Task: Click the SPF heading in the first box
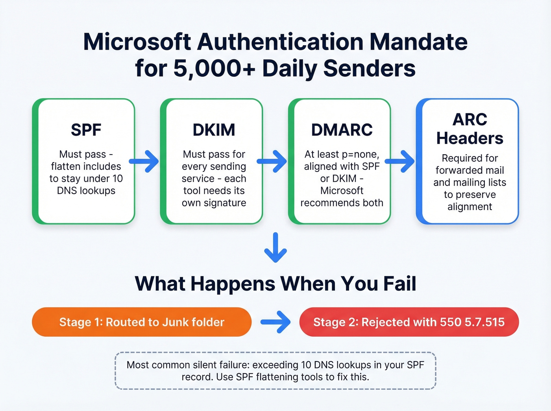pyautogui.click(x=86, y=130)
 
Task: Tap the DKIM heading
pyautogui.click(x=214, y=130)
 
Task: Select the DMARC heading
pyautogui.click(x=342, y=130)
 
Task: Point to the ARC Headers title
pyautogui.click(x=470, y=129)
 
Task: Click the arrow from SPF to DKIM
pyautogui.click(x=144, y=161)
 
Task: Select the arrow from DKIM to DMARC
pyautogui.click(x=272, y=161)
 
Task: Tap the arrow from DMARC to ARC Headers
pyautogui.click(x=400, y=161)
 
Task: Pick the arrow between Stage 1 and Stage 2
pyautogui.click(x=276, y=322)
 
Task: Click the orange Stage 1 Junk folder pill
pyautogui.click(x=142, y=322)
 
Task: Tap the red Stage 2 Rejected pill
pyautogui.click(x=409, y=322)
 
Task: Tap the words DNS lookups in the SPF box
pyautogui.click(x=86, y=191)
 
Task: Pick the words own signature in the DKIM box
pyautogui.click(x=214, y=203)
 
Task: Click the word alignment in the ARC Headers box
pyautogui.click(x=470, y=207)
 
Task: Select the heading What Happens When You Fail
pyautogui.click(x=275, y=284)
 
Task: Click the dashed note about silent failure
pyautogui.click(x=275, y=371)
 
